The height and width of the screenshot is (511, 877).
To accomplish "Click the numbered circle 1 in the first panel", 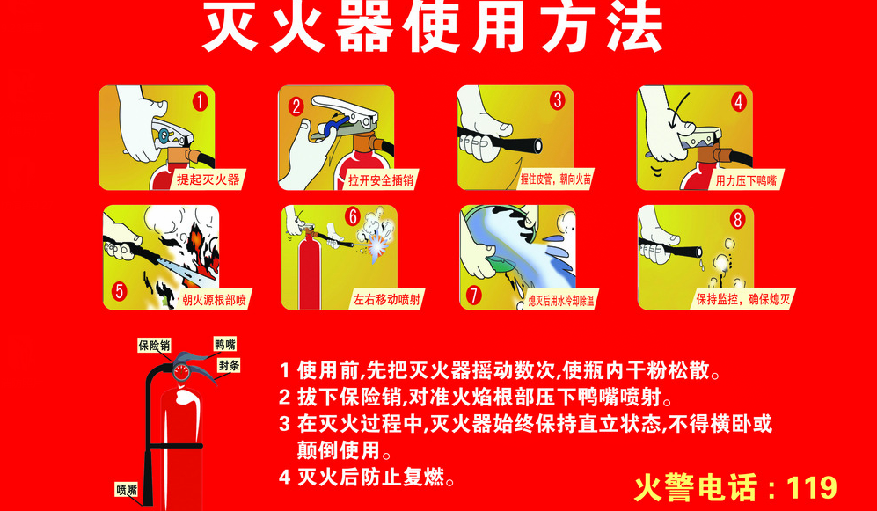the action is tap(201, 102).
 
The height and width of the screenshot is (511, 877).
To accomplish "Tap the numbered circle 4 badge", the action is tap(739, 102).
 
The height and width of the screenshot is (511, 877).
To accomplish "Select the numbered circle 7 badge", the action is tap(474, 295).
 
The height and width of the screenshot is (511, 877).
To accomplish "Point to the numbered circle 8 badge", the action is tap(737, 220).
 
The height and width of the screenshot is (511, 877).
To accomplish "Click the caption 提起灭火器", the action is tap(208, 179).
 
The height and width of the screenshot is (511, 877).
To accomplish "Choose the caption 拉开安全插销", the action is tap(381, 180).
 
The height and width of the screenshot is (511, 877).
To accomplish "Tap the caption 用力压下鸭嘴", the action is tap(746, 180).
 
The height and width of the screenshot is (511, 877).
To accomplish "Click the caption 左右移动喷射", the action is tap(386, 300).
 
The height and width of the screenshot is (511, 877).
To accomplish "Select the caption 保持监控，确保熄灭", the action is tap(742, 299).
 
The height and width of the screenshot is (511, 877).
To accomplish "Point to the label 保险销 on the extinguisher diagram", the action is tap(154, 346).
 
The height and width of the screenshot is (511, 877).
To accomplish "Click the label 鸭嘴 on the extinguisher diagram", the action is tap(225, 345).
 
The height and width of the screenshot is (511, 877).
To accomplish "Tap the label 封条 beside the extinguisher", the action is tap(229, 366).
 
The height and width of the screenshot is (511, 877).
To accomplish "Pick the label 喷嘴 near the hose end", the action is tap(127, 490).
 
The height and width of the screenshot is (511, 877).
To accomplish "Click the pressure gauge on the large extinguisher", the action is tap(181, 372).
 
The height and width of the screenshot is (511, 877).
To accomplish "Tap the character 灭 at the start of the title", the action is tap(231, 28).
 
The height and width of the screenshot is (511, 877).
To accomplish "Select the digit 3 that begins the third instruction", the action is tap(285, 424).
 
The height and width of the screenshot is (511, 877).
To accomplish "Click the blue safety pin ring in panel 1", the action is tap(164, 135).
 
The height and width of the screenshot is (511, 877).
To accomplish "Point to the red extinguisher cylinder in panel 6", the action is tap(310, 271).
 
